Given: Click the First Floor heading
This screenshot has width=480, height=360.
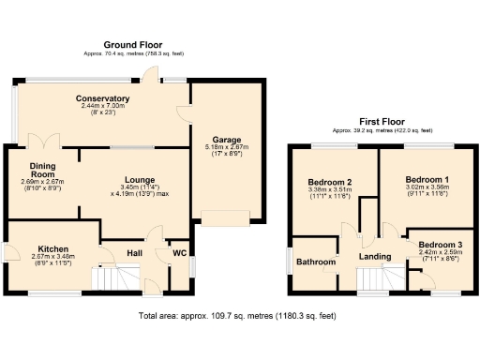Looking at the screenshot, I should [382, 122].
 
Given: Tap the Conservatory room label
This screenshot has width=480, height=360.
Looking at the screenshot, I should [102, 98].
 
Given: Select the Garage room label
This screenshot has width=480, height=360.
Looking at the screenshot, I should [222, 137].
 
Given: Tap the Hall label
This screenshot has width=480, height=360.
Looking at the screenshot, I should [134, 252].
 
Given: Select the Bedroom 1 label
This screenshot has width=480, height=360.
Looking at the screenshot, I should [427, 178].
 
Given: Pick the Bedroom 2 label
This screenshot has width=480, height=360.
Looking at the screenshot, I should [329, 182].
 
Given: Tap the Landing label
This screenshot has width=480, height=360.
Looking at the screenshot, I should [375, 256].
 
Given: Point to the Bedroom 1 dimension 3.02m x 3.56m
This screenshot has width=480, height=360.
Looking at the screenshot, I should [427, 187].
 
